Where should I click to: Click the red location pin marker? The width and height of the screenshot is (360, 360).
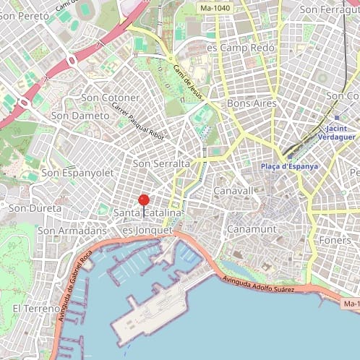pyautogui.click(x=143, y=201)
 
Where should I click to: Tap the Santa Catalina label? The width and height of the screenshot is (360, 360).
pyautogui.click(x=147, y=213)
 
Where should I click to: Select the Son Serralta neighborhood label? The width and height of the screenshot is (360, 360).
pyautogui.click(x=162, y=164)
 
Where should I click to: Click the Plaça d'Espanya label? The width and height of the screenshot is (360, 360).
pyautogui.click(x=289, y=166)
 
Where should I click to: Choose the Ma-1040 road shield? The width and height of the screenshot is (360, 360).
pyautogui.click(x=215, y=8)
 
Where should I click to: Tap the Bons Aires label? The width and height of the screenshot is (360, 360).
pyautogui.click(x=252, y=103)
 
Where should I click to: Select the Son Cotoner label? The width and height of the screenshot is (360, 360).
pyautogui.click(x=111, y=98)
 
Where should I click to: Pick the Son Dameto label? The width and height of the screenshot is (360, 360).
pyautogui.click(x=80, y=115)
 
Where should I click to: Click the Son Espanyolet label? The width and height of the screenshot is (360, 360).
pyautogui.click(x=77, y=173)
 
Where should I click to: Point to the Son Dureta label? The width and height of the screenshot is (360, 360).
pyautogui.click(x=35, y=208)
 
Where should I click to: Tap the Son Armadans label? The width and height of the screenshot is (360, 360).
pyautogui.click(x=72, y=230)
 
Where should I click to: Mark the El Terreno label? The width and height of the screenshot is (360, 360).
pyautogui.click(x=36, y=309)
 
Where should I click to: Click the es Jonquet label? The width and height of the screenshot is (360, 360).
pyautogui.click(x=148, y=230)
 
